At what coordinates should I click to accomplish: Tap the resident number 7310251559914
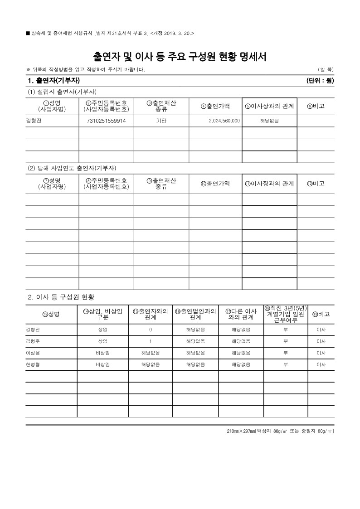(106, 121)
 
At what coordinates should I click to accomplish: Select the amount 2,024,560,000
(224, 121)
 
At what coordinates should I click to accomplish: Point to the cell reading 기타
(161, 121)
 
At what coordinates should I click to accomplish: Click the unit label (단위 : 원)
(320, 81)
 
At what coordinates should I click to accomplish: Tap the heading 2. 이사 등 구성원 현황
(61, 297)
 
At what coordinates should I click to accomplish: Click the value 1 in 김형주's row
(151, 341)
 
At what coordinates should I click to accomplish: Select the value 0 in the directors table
(151, 329)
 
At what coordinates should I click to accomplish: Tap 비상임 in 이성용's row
(102, 353)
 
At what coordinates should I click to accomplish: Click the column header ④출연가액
(215, 107)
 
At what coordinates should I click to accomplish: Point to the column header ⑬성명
(51, 314)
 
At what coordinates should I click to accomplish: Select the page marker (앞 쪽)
(326, 69)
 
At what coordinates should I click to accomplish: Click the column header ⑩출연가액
(215, 184)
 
